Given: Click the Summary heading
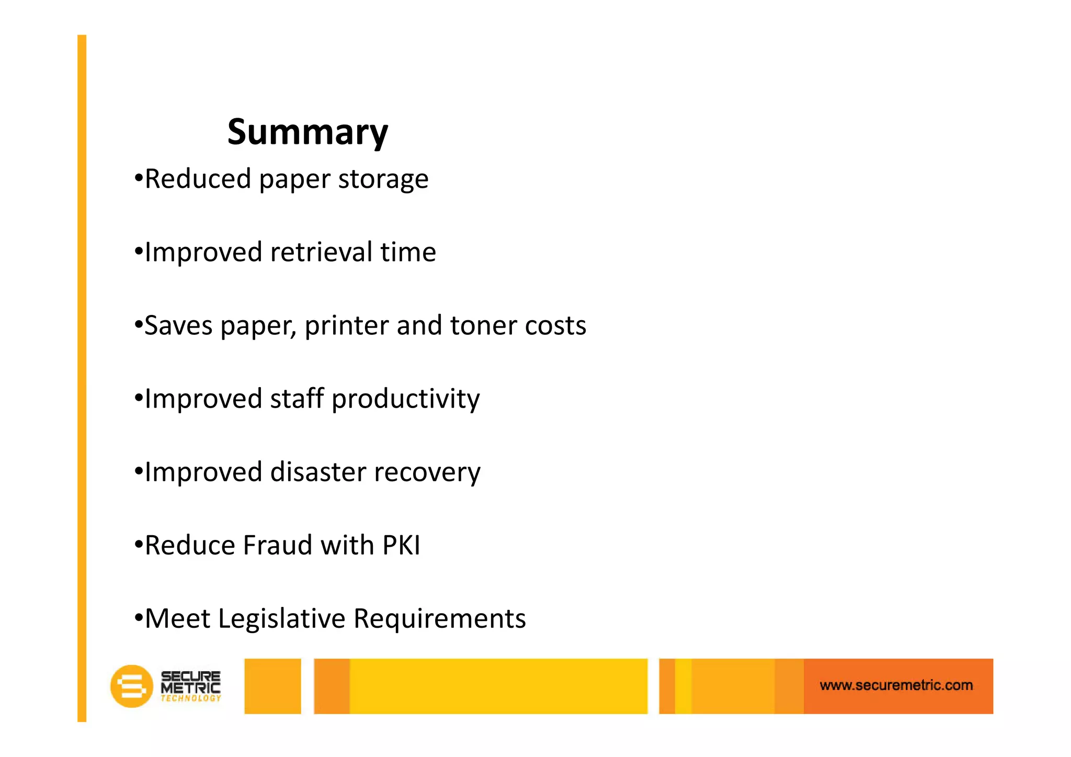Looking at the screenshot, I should coord(307,132).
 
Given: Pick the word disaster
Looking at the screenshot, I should coord(318,472).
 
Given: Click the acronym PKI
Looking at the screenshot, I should coord(401,545).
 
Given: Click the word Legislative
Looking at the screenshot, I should coord(282,619).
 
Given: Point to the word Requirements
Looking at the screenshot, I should coord(439,619).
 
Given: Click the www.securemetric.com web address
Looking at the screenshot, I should coord(896,685).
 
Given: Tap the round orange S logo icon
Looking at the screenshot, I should coord(131,686).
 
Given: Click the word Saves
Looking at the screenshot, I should coord(178,325).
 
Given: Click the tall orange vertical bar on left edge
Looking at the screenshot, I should coord(82,377).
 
